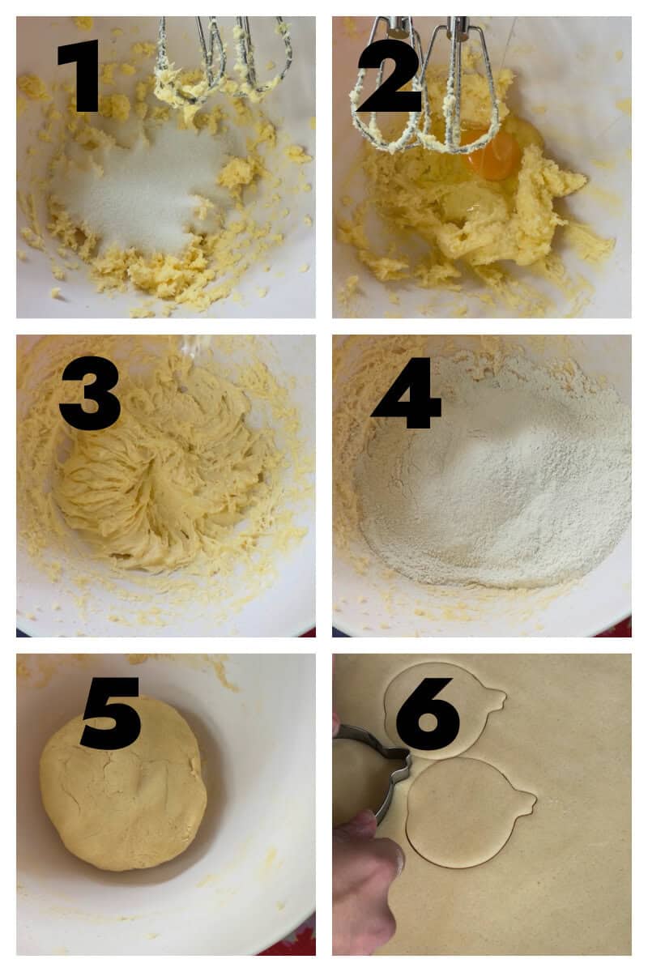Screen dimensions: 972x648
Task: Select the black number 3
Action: (x=89, y=394)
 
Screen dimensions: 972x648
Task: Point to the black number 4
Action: (x=407, y=394)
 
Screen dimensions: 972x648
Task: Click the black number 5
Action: (x=111, y=713)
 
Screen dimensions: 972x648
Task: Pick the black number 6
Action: (x=427, y=713)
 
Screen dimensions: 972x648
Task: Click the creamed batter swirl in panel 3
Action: (x=154, y=486)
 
